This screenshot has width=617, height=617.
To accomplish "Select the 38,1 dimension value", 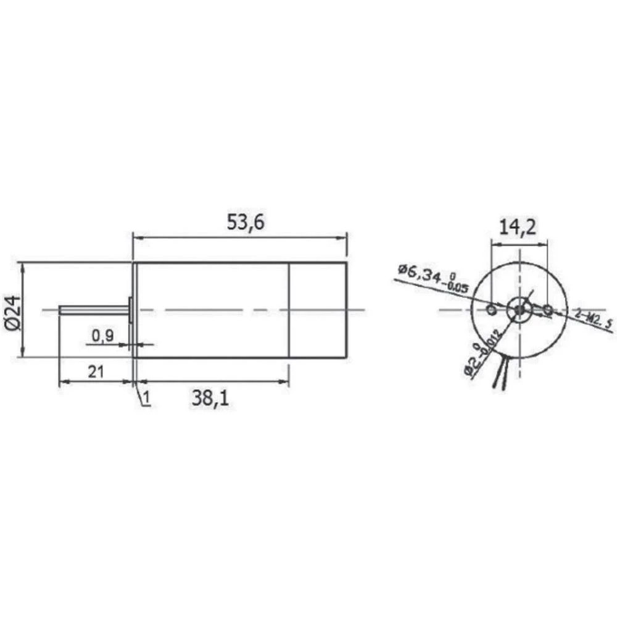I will (210, 399).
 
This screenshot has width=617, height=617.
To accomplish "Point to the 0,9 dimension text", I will (102, 335).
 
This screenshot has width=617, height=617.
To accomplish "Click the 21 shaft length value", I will (96, 371).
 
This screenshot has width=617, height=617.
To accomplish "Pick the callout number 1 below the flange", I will (146, 399).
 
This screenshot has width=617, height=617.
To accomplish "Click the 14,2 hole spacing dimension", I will (518, 228).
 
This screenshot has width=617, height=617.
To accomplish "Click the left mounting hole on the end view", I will (491, 308).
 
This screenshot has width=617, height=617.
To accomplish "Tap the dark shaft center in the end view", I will (520, 308).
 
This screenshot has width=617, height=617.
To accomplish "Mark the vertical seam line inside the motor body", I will (289, 310).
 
